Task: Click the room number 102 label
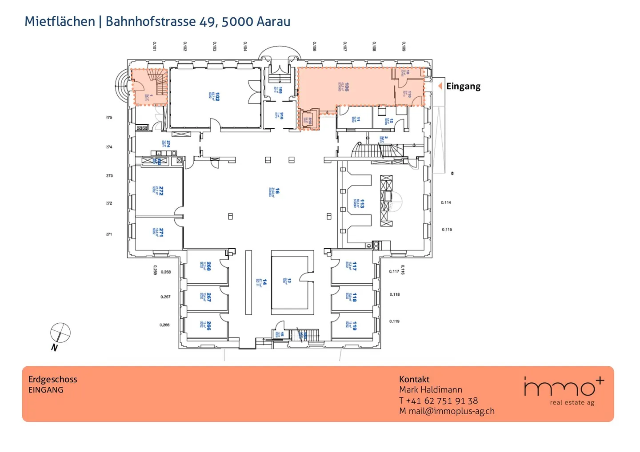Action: click(x=217, y=97)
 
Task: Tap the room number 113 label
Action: click(x=362, y=204)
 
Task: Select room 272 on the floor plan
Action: click(x=161, y=191)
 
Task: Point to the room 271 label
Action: click(x=161, y=232)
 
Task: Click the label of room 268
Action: click(x=209, y=266)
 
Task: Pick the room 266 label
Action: click(x=209, y=326)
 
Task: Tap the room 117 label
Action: click(x=354, y=266)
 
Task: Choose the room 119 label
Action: click(x=354, y=326)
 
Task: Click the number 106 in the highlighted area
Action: click(x=347, y=87)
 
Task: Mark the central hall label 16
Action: click(x=277, y=191)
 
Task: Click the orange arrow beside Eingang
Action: click(x=440, y=86)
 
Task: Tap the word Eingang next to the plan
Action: click(x=463, y=87)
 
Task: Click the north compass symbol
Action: click(x=60, y=333)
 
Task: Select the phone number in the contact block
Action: click(x=442, y=400)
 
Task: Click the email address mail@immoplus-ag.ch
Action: click(x=451, y=411)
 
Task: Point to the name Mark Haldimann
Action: click(x=430, y=390)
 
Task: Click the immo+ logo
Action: click(x=564, y=390)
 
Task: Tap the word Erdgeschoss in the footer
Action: click(x=52, y=379)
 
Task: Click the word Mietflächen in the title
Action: click(x=60, y=21)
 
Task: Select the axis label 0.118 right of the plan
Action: click(x=395, y=294)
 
